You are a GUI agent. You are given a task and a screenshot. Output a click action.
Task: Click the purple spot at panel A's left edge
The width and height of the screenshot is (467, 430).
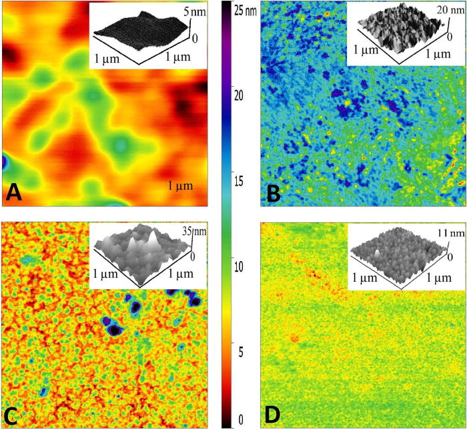pos(5,162)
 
